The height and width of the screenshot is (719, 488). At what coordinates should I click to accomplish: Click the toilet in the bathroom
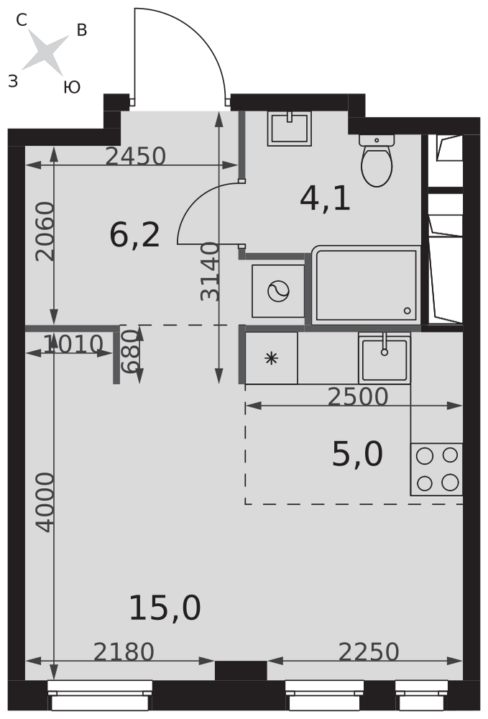coord(377,160)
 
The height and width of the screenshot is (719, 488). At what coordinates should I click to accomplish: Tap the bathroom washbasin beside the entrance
coord(289,129)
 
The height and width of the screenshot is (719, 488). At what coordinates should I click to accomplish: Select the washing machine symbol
coord(278,291)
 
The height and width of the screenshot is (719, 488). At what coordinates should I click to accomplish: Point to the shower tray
coord(366,285)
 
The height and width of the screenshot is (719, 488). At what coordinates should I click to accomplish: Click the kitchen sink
coord(385,358)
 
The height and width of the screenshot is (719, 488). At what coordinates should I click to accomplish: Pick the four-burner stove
coord(437,469)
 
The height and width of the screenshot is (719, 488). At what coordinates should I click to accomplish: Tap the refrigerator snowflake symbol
coord(271,358)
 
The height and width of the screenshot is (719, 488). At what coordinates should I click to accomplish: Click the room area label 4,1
coord(325,199)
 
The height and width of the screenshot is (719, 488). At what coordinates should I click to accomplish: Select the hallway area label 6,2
coord(134,235)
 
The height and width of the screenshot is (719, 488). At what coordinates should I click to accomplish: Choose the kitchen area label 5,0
coord(357,454)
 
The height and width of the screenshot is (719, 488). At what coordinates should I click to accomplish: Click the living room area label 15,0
coord(165,608)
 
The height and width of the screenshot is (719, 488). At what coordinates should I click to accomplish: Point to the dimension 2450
coord(136,156)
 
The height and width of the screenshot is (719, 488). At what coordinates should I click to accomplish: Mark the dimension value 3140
coord(211,272)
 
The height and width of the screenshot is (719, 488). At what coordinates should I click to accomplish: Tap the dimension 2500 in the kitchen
coord(358,397)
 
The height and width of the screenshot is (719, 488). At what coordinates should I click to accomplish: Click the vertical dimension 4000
coord(45,503)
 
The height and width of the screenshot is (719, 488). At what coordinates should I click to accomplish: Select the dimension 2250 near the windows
coord(369,651)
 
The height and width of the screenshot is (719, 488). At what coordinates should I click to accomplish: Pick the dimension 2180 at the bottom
coord(124,651)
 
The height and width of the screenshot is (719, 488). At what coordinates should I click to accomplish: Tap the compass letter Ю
coord(72,87)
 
